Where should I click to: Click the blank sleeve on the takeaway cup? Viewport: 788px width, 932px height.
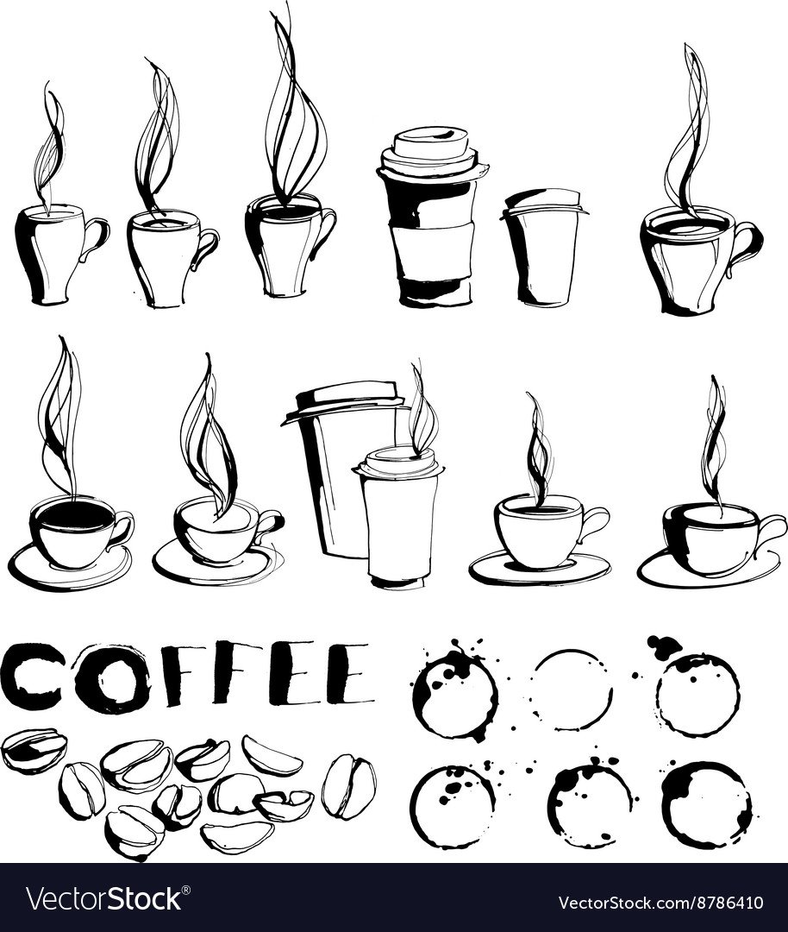pyautogui.click(x=434, y=248)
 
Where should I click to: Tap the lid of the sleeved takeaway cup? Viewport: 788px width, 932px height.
pyautogui.click(x=427, y=151)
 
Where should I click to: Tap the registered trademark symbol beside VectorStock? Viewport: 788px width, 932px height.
pyautogui.click(x=186, y=889)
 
